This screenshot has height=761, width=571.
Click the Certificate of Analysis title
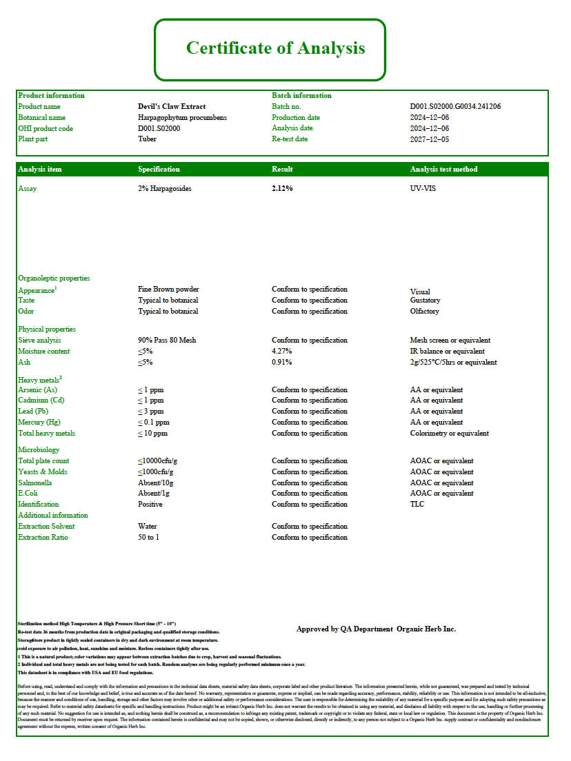275,48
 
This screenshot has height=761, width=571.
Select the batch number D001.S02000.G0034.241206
455,107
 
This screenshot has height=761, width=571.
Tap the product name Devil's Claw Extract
172,107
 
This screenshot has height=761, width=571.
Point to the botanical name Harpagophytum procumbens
182,118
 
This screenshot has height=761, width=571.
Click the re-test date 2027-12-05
429,139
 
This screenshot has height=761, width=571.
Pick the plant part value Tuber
147,139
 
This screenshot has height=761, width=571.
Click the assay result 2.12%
282,189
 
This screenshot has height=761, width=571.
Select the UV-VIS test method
423,189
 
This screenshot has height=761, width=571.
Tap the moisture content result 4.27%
281,352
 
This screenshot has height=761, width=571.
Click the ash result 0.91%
281,363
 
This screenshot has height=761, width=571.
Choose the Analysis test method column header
443,170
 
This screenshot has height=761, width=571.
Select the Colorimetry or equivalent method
449,434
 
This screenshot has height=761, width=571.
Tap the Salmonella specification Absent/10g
157,483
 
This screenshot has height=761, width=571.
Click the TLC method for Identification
417,505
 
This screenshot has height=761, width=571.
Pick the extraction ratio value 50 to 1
148,538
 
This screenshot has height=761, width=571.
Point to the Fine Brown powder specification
168,290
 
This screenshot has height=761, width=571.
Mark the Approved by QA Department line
376,629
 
